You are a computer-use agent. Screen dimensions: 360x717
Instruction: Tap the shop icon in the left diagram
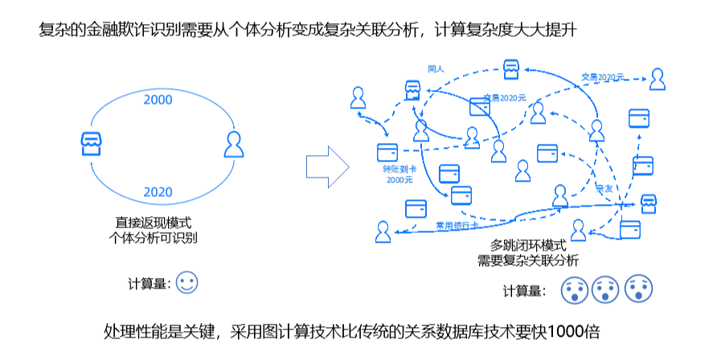pyautogui.click(x=92, y=144)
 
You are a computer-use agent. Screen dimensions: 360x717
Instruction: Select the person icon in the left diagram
pyautogui.click(x=233, y=145)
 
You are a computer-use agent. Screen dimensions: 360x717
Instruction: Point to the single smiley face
pyautogui.click(x=187, y=283)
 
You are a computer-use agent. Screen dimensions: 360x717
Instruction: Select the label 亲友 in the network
pyautogui.click(x=604, y=188)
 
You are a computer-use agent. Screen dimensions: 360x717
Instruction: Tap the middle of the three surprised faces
pyautogui.click(x=604, y=289)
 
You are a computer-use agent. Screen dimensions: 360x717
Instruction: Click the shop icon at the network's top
pyautogui.click(x=510, y=70)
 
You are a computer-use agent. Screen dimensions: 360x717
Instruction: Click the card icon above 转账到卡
pyautogui.click(x=388, y=151)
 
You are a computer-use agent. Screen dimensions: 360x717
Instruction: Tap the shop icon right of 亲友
pyautogui.click(x=648, y=202)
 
